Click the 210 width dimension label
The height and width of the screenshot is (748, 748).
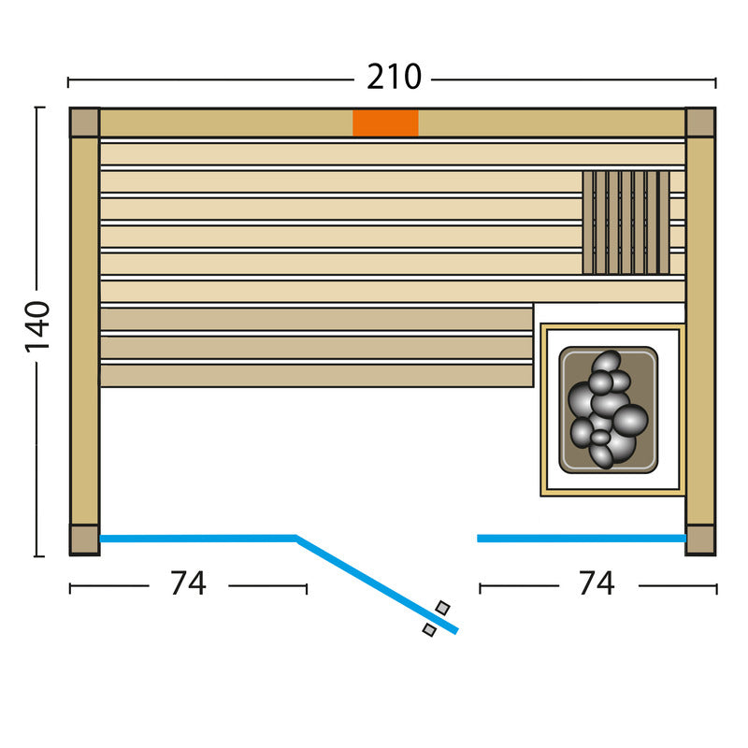pos(394,78)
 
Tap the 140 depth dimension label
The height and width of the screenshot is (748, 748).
pos(37,326)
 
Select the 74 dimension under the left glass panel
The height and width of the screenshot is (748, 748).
pos(189,583)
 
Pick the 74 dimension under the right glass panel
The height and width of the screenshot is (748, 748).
pos(597,583)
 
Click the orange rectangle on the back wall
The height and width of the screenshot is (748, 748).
pos(385,123)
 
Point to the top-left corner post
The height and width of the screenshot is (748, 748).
pos(84,122)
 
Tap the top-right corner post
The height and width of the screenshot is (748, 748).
pos(700,122)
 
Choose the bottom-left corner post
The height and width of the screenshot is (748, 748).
pos(84,540)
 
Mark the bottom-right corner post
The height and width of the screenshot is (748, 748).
pos(700,540)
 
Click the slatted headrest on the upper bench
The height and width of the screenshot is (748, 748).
pos(626,223)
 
